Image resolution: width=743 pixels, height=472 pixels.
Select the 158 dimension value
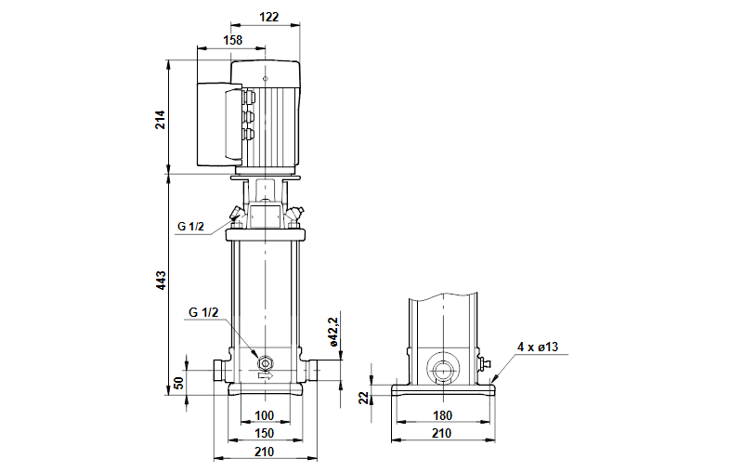tap(232, 40)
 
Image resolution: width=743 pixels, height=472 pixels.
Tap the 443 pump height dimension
tap(160, 279)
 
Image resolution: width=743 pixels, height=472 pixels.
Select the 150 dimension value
tap(266, 433)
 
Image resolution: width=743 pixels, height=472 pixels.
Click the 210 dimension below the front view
tap(266, 452)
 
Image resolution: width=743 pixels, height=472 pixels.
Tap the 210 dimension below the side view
tap(442, 433)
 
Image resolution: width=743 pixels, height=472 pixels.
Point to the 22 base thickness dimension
tap(365, 397)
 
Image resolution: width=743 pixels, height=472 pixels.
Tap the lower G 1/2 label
tap(203, 311)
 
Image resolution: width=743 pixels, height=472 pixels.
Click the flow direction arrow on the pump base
tap(266, 376)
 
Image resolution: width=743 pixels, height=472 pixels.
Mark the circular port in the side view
tap(442, 370)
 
